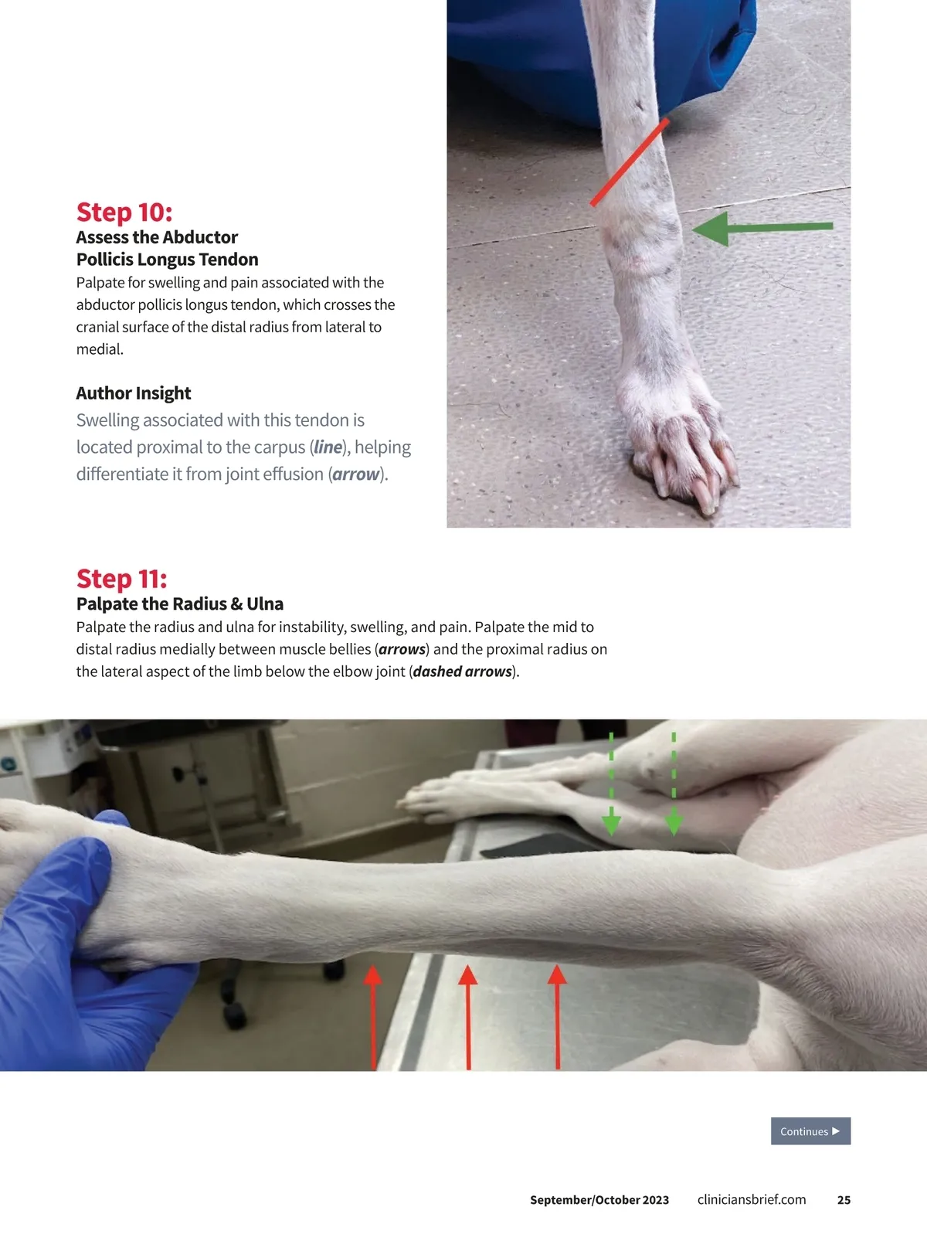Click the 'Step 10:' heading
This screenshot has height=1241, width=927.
[124, 212]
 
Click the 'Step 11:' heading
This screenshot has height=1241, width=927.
[122, 579]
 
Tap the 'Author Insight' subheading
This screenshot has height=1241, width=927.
[134, 393]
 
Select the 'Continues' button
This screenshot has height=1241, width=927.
[810, 1130]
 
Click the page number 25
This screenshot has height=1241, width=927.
[844, 1200]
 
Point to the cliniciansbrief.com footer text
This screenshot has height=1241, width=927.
[751, 1200]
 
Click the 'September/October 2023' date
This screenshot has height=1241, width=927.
[599, 1200]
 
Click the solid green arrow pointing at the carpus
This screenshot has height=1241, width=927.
[762, 228]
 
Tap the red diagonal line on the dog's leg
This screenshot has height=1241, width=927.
[629, 162]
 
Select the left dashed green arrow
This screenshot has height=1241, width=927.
[611, 784]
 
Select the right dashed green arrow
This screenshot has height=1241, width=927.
[673, 784]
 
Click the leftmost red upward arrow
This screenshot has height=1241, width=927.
[372, 1017]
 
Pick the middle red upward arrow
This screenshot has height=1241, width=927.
[468, 1017]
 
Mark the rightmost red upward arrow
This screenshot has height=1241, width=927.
[557, 1017]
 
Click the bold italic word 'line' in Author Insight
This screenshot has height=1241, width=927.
[328, 447]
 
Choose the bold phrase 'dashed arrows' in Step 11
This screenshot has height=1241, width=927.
[463, 671]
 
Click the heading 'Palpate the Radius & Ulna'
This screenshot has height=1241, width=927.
[180, 603]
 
